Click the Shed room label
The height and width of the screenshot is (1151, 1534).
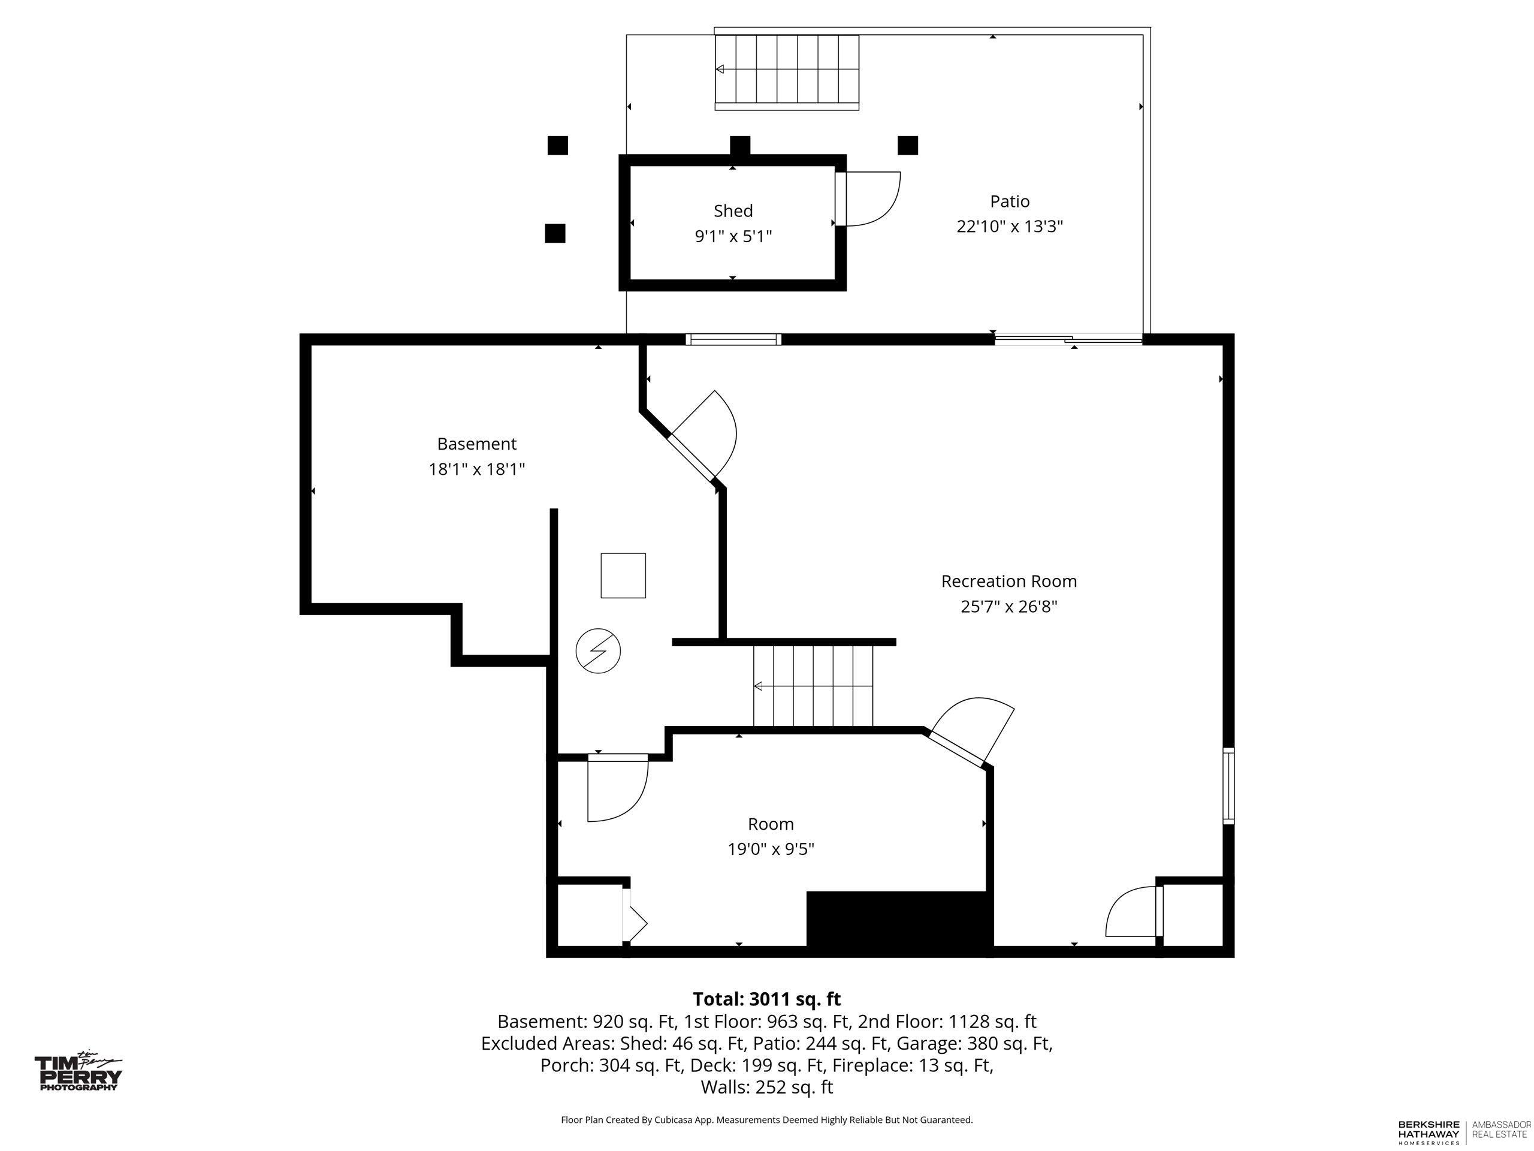tap(733, 211)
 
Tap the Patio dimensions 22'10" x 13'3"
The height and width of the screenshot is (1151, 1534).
tap(1009, 227)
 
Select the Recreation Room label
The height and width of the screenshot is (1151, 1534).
tap(1008, 581)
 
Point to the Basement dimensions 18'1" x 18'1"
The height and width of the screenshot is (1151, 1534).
tap(476, 469)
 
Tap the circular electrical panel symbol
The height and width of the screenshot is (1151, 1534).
tap(598, 651)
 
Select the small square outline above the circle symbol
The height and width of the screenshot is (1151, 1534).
tap(623, 575)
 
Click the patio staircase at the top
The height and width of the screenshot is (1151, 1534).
tap(787, 72)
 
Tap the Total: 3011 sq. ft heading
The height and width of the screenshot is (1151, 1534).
tap(767, 999)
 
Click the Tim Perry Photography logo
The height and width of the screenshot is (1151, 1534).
tap(78, 1072)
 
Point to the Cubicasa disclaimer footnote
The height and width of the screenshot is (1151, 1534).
tap(767, 1120)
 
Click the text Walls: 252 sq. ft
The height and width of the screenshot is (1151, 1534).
tap(767, 1087)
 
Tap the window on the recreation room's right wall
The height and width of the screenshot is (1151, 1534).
tap(1228, 786)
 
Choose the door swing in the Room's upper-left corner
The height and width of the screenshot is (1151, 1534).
tap(617, 788)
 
